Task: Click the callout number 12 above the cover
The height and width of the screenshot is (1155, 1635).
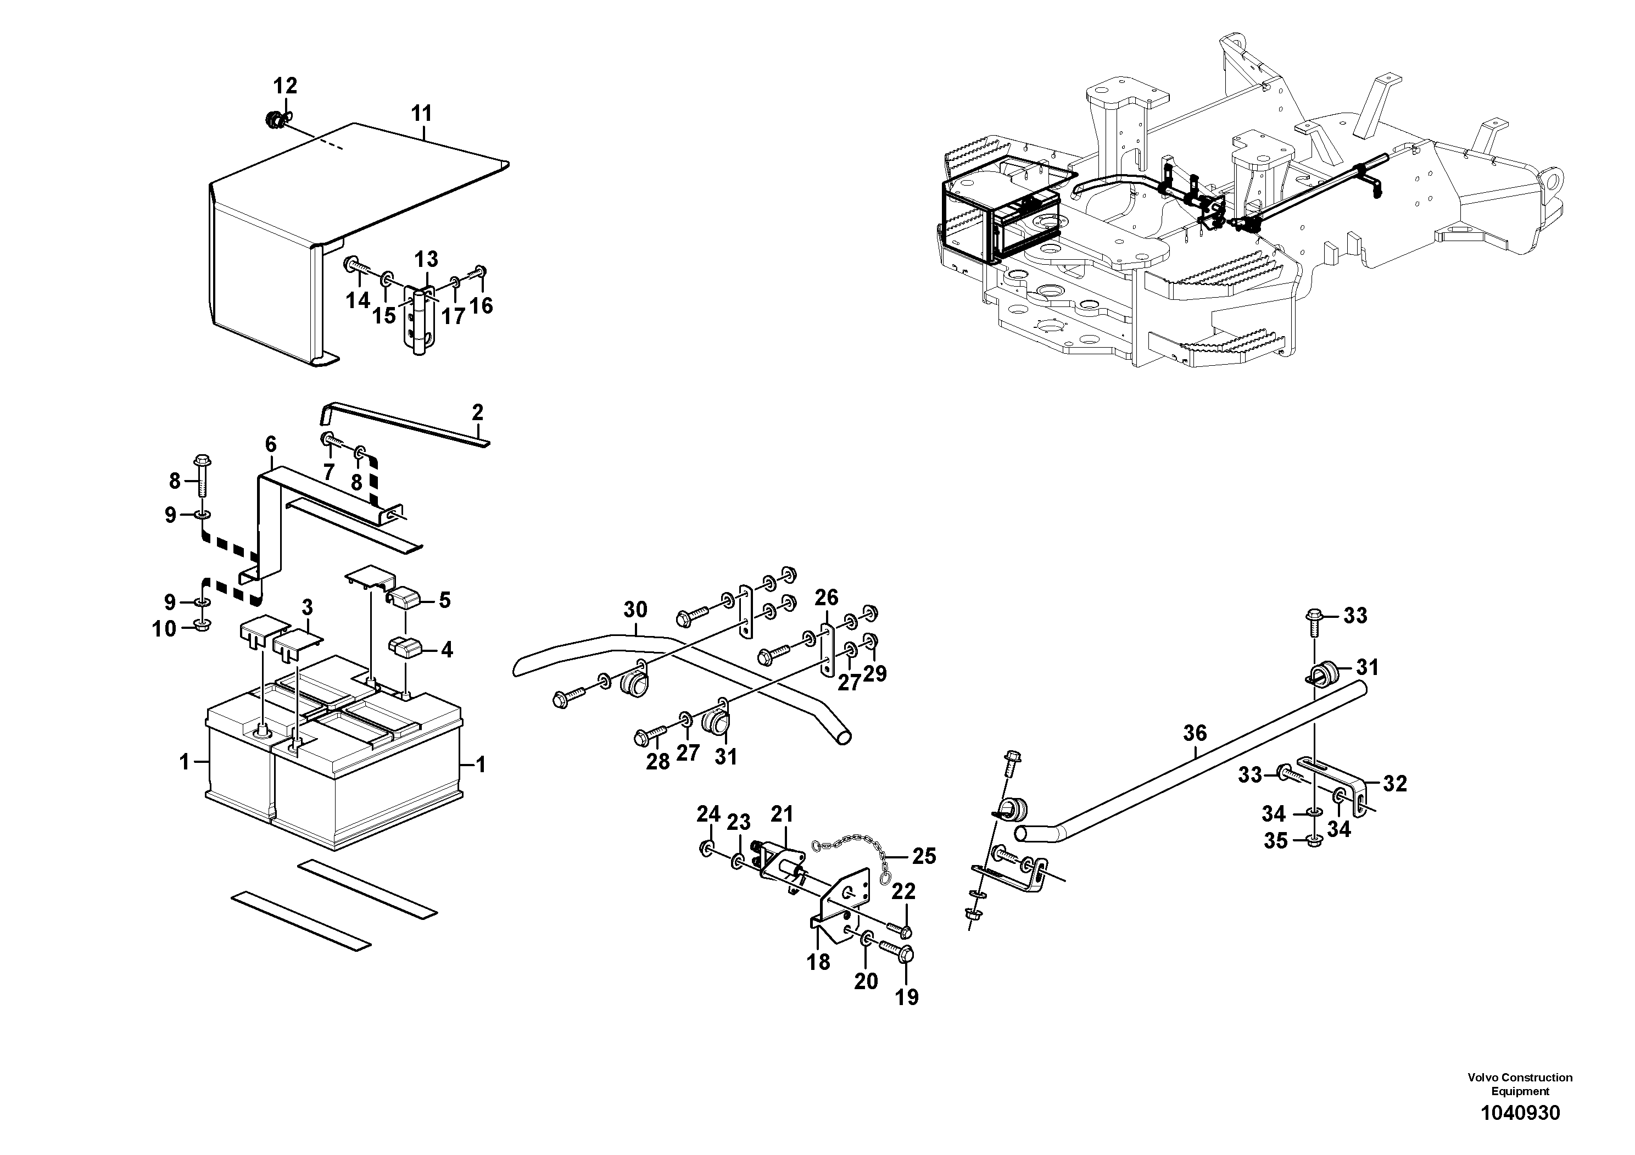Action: (285, 86)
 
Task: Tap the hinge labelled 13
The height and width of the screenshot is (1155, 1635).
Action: (418, 319)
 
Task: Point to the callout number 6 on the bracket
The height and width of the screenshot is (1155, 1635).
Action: (271, 444)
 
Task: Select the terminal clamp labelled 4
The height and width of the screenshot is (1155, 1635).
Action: (404, 648)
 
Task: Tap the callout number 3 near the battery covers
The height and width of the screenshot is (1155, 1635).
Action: (307, 607)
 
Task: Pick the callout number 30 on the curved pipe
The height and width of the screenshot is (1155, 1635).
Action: (635, 610)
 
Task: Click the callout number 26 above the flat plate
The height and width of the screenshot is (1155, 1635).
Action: (826, 598)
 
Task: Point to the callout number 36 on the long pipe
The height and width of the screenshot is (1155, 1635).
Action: (1195, 732)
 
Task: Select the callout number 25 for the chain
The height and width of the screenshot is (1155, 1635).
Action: (924, 856)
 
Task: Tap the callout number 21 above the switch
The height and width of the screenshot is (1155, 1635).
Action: (782, 814)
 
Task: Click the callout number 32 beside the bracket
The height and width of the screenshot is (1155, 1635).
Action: (1395, 784)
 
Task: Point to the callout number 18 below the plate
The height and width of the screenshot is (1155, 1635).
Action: (819, 962)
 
